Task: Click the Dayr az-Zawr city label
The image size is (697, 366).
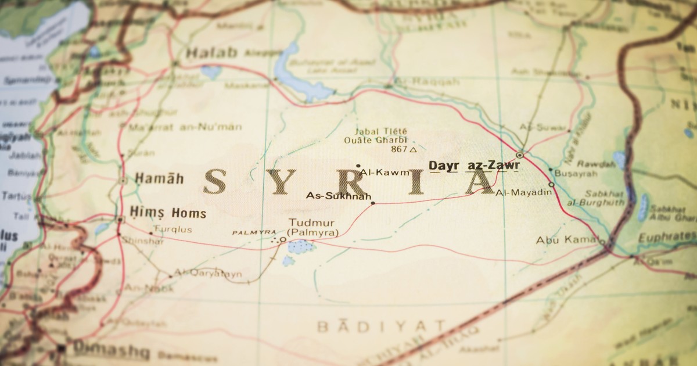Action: (474, 166)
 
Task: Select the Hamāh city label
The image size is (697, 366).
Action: (159, 178)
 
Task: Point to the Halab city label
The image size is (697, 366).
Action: (212, 53)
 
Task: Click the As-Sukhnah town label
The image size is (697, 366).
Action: (338, 195)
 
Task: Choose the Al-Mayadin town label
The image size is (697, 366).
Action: (523, 192)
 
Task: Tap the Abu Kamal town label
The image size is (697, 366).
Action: (566, 239)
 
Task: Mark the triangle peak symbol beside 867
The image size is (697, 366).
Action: (413, 150)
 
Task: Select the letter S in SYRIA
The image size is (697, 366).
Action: (215, 181)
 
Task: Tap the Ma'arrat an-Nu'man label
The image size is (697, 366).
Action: (185, 127)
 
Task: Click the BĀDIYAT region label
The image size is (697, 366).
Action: (381, 326)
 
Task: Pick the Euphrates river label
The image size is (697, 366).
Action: (666, 236)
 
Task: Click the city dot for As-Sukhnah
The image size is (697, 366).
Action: (373, 203)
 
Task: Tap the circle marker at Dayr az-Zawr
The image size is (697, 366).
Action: (519, 155)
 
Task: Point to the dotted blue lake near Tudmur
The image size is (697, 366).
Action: (301, 246)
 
